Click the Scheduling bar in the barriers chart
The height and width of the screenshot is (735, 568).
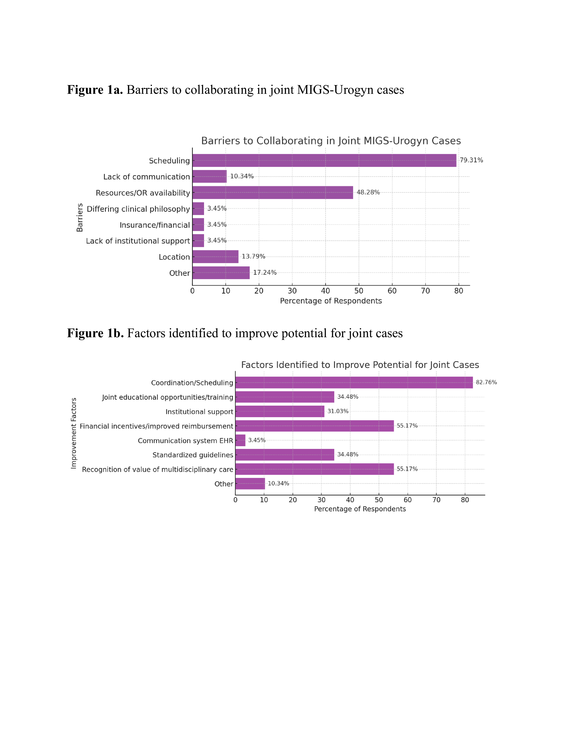point(324,161)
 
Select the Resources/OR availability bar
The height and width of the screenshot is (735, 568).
point(273,192)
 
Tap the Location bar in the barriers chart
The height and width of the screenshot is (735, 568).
point(215,257)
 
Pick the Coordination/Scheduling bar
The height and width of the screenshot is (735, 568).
point(354,383)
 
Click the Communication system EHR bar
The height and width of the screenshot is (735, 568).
point(240,440)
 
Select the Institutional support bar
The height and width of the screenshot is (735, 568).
point(280,411)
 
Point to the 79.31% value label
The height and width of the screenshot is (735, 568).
point(471,160)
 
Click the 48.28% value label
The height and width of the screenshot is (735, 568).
point(368,192)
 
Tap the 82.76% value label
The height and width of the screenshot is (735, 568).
point(486,382)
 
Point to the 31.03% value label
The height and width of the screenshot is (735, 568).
point(338,411)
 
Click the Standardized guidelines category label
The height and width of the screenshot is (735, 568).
point(193,455)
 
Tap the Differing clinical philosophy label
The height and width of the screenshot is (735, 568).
point(138,209)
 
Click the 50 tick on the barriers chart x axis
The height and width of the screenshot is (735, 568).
point(359,291)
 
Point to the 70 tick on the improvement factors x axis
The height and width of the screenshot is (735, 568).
point(436,500)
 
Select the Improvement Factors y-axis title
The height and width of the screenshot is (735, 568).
point(74,433)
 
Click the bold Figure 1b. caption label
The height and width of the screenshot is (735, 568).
point(95,333)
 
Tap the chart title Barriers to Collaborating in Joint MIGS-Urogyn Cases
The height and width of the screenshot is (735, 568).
point(331,141)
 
